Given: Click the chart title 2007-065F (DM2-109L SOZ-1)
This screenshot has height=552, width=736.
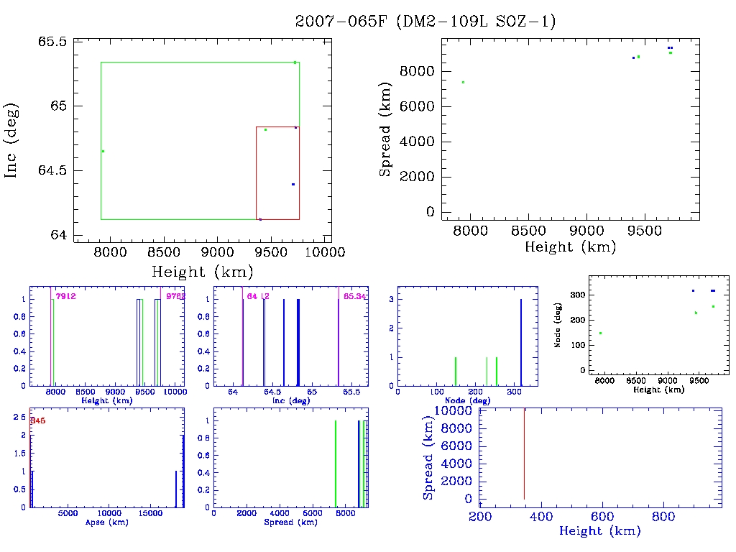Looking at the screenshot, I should (425, 22).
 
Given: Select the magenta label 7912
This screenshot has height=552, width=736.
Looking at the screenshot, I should (66, 296).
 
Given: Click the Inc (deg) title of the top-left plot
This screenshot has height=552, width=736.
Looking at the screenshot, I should (11, 139).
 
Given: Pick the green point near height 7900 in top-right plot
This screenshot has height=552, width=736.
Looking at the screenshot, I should (463, 82).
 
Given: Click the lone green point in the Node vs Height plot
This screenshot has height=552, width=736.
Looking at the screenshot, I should (600, 333).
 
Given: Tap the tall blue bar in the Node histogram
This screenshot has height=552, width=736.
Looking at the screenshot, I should (521, 342).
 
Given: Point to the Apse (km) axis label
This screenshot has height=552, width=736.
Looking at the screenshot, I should (107, 522).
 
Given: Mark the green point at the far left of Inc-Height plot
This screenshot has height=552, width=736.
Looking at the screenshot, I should (103, 151).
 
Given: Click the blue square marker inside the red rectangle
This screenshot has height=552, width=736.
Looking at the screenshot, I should (293, 185).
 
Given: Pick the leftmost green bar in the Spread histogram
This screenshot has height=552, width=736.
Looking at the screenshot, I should (336, 464).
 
